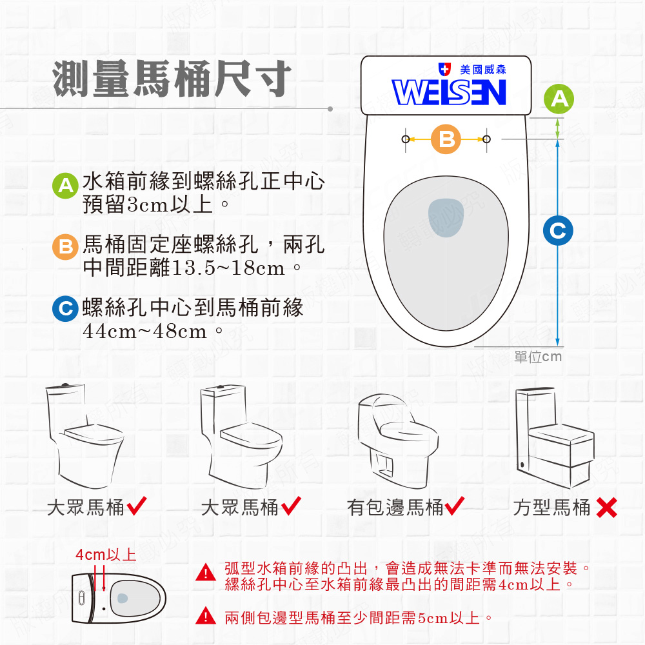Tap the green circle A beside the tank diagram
(x=559, y=99)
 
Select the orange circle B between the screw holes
(x=446, y=139)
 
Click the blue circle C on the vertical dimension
(x=558, y=230)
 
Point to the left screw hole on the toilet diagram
(x=405, y=139)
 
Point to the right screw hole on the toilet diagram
(x=486, y=139)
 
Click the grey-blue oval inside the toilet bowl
(x=446, y=218)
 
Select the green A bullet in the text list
(x=64, y=185)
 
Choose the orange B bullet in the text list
(x=64, y=247)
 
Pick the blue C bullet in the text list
(x=64, y=309)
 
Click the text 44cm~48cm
(x=145, y=332)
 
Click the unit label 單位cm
(x=538, y=357)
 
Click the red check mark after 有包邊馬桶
(x=454, y=507)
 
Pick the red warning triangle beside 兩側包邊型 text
(x=205, y=617)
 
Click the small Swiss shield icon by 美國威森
(x=444, y=68)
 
